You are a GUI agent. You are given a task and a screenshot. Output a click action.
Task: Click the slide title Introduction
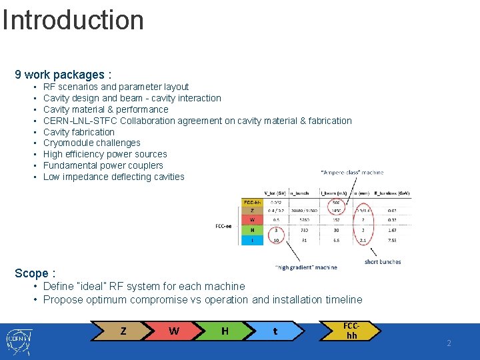tap(73, 20)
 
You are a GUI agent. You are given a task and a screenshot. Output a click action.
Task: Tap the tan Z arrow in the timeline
tap(123, 331)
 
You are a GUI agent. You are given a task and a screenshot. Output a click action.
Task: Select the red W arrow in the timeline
tap(174, 331)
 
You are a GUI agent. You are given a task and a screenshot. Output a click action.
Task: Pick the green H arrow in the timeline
tap(225, 331)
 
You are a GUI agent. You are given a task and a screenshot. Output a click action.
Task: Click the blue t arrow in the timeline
tap(275, 331)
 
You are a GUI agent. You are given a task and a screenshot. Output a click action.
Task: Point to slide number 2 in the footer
tap(449, 343)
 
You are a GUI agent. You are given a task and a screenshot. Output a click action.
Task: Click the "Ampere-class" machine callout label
tap(351, 173)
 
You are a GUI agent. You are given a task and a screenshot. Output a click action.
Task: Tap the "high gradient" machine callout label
tap(306, 267)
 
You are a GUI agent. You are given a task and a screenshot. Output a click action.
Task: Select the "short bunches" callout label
tap(383, 262)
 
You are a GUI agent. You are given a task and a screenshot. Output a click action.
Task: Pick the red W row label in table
tap(251, 219)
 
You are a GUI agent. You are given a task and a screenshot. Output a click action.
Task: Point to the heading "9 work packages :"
tap(63, 75)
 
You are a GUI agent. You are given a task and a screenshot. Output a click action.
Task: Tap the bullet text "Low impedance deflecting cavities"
tap(113, 177)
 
